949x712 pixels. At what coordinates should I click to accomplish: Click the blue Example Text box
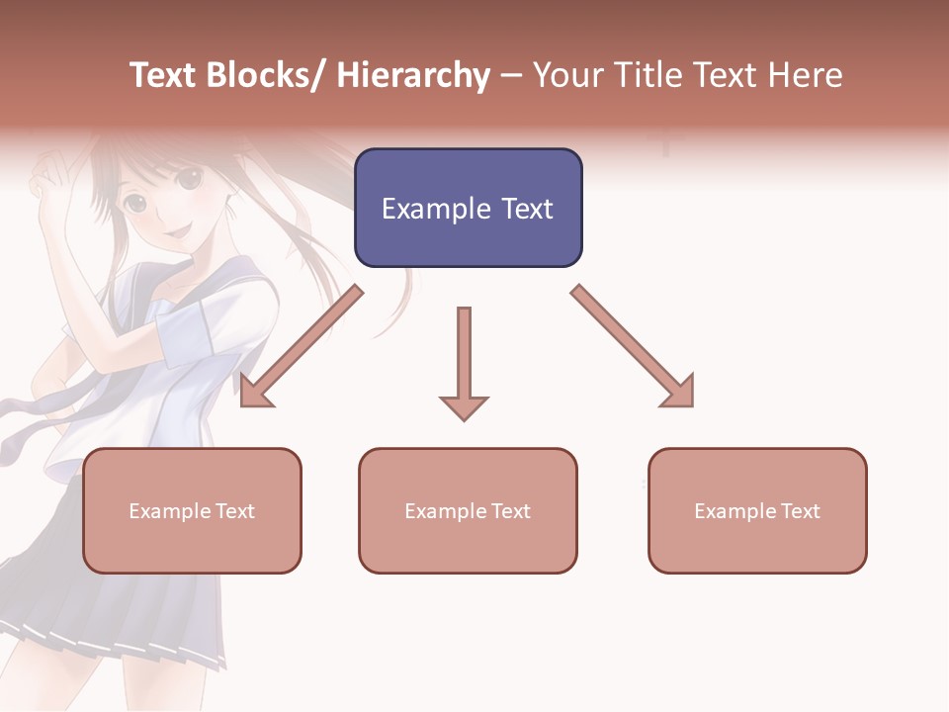(x=468, y=208)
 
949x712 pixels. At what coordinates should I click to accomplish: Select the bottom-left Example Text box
(x=192, y=510)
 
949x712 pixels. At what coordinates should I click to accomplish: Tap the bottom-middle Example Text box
(x=468, y=510)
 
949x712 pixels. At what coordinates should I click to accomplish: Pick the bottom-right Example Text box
(x=757, y=510)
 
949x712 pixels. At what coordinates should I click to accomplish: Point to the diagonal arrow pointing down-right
(x=633, y=347)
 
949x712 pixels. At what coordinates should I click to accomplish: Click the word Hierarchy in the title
(x=413, y=76)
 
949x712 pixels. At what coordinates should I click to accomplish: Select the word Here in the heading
(x=806, y=76)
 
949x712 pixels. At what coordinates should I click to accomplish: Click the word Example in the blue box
(x=435, y=209)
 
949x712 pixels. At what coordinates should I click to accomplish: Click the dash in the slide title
(x=511, y=76)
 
